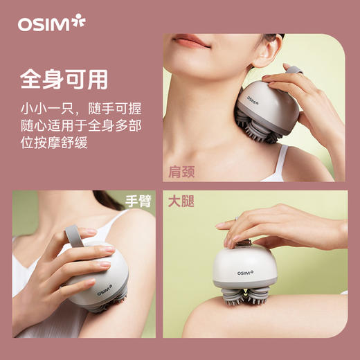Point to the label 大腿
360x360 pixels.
pyautogui.click(x=182, y=202)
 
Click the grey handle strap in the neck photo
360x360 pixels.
pyautogui.click(x=294, y=71)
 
